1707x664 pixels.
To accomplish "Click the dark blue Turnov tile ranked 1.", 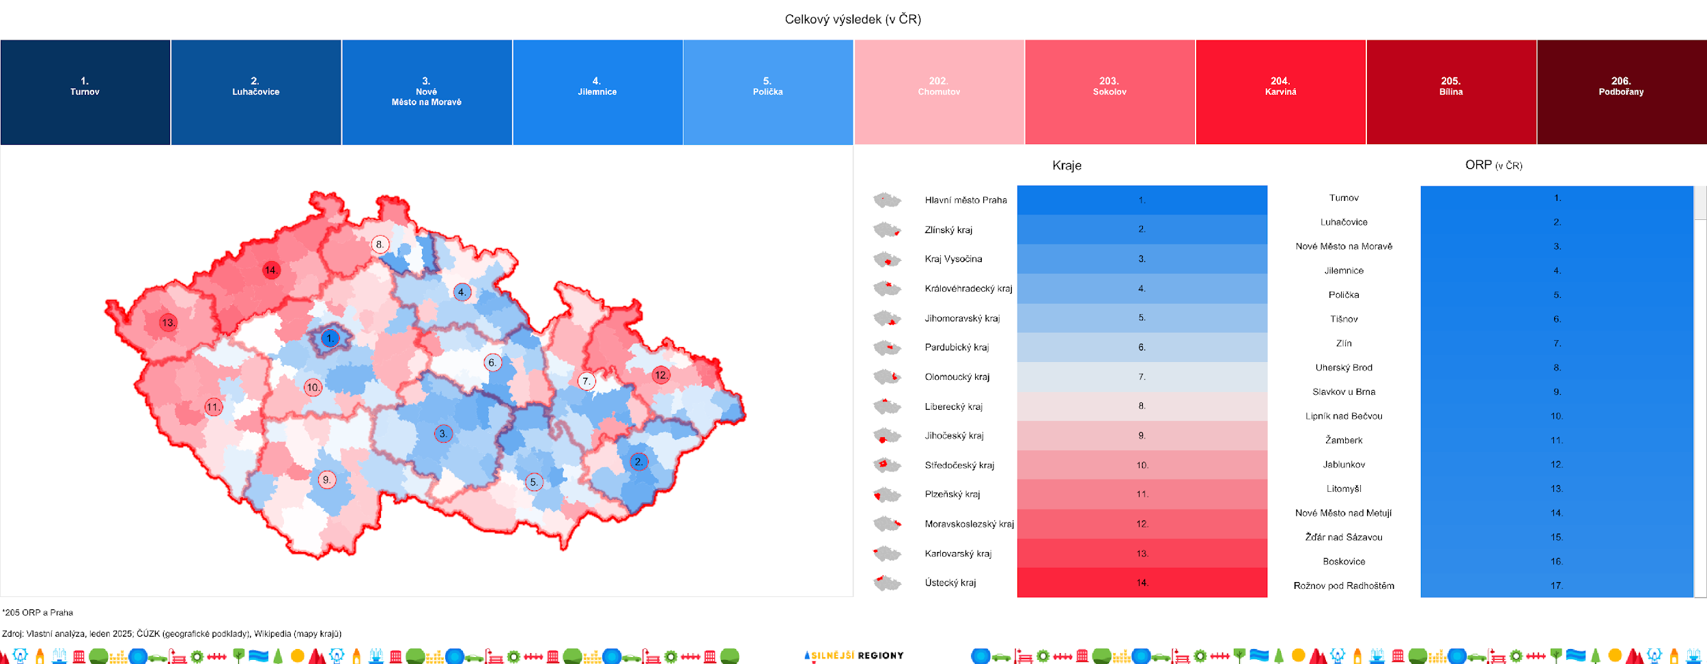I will click(x=85, y=92).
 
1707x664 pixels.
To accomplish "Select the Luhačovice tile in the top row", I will click(x=256, y=92).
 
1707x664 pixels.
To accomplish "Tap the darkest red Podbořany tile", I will click(x=1621, y=92).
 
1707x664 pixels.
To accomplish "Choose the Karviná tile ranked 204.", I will click(x=1280, y=92).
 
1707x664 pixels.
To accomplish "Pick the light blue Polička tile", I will click(x=768, y=92).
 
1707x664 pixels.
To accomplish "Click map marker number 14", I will click(x=271, y=270).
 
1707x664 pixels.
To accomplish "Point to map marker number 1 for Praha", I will click(x=330, y=338).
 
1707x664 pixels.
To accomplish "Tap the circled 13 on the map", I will click(x=168, y=322).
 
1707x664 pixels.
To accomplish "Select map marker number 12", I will click(x=661, y=375).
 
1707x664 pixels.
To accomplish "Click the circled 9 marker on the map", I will click(x=327, y=480).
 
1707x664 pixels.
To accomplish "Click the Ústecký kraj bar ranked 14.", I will click(x=1142, y=583).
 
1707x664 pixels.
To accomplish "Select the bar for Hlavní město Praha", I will click(x=1142, y=200).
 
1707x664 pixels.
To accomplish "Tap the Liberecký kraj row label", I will click(x=953, y=406).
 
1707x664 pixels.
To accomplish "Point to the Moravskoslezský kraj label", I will click(x=969, y=524).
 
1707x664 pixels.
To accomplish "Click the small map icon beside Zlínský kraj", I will click(x=887, y=230).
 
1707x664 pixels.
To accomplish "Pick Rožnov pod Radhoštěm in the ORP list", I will click(x=1344, y=585).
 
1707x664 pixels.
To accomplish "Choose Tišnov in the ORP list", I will click(x=1344, y=319).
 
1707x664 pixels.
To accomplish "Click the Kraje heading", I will click(x=1067, y=165).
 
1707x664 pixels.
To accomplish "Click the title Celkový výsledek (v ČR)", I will click(x=853, y=19).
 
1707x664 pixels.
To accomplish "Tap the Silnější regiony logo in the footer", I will click(x=854, y=656).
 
